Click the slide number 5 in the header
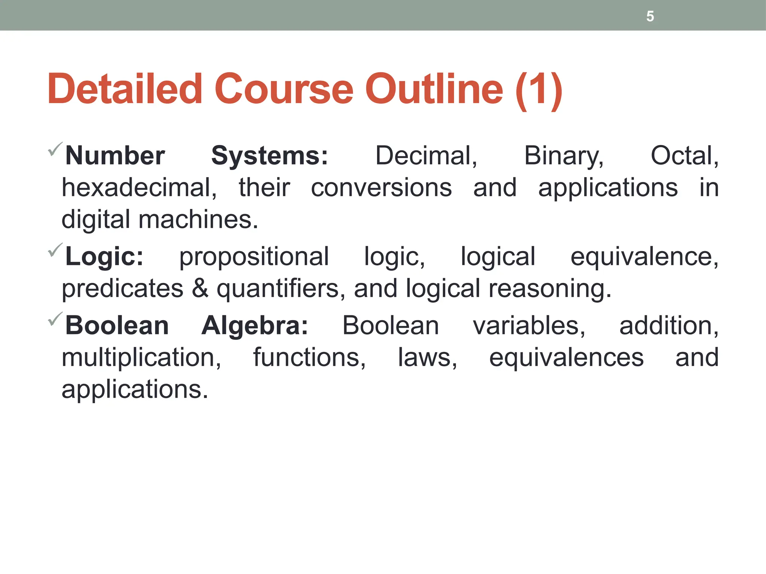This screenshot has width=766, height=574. (x=650, y=16)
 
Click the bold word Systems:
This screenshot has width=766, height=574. (x=270, y=156)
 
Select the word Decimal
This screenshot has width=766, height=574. (x=426, y=156)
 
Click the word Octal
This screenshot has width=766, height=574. (x=684, y=156)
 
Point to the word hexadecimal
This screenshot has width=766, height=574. (x=139, y=188)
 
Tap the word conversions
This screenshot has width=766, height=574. (x=381, y=188)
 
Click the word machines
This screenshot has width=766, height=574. (x=198, y=219)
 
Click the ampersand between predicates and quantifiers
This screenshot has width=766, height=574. (x=200, y=288)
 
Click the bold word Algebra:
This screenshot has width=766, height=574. (x=255, y=326)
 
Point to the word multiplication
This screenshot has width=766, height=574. (x=141, y=358)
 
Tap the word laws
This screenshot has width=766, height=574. (x=427, y=358)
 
